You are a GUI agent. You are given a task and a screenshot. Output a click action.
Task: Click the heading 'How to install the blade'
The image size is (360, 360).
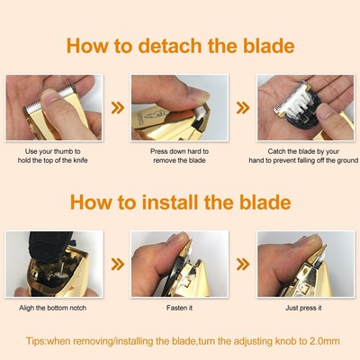(x=180, y=202)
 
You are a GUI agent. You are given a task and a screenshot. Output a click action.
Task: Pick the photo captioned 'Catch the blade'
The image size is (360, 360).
(x=306, y=108)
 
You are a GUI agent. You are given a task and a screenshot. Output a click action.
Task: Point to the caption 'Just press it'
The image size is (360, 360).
(x=306, y=308)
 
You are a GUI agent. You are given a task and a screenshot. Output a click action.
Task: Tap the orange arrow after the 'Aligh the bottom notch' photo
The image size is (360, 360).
(x=116, y=266)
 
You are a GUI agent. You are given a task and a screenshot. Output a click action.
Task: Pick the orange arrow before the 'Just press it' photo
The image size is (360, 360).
(x=242, y=266)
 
